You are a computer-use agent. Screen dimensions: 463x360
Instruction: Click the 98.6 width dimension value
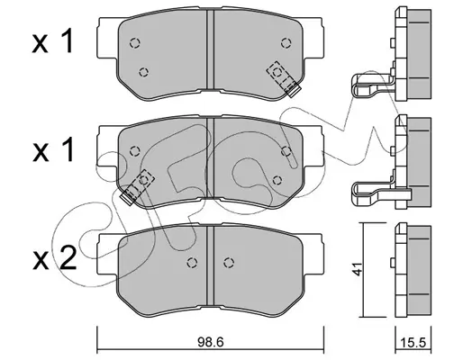coord(211,342)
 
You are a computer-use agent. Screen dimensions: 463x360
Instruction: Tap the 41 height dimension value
coord(358,268)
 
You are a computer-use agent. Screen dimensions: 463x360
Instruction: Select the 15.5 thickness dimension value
coord(413,342)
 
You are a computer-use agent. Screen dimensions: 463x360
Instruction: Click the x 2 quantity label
coord(54,259)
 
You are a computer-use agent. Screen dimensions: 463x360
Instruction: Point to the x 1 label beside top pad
coord(52,41)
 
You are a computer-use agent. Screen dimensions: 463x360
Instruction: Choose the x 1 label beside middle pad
coord(52,149)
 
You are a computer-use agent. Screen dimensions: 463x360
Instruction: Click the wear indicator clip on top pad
coord(284,78)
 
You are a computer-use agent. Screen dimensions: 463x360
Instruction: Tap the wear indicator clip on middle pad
coord(137,187)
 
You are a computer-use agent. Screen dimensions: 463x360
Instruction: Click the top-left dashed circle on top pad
coord(135,43)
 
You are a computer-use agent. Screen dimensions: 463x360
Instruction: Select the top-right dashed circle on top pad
coord(286,43)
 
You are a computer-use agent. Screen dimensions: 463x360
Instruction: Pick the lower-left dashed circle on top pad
coord(144,72)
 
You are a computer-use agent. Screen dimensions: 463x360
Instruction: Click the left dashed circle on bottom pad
coord(192,263)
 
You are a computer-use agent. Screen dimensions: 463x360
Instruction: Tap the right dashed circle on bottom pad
coord(229,263)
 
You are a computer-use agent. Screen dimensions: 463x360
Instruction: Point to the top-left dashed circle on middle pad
coord(135,151)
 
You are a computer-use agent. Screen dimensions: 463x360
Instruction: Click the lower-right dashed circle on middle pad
coord(277,180)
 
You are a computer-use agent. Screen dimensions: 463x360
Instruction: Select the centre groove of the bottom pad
coord(210,265)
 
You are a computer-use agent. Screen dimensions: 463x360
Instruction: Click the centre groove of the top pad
coord(210,49)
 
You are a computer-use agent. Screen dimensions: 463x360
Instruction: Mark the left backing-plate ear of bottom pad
coord(107,255)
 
